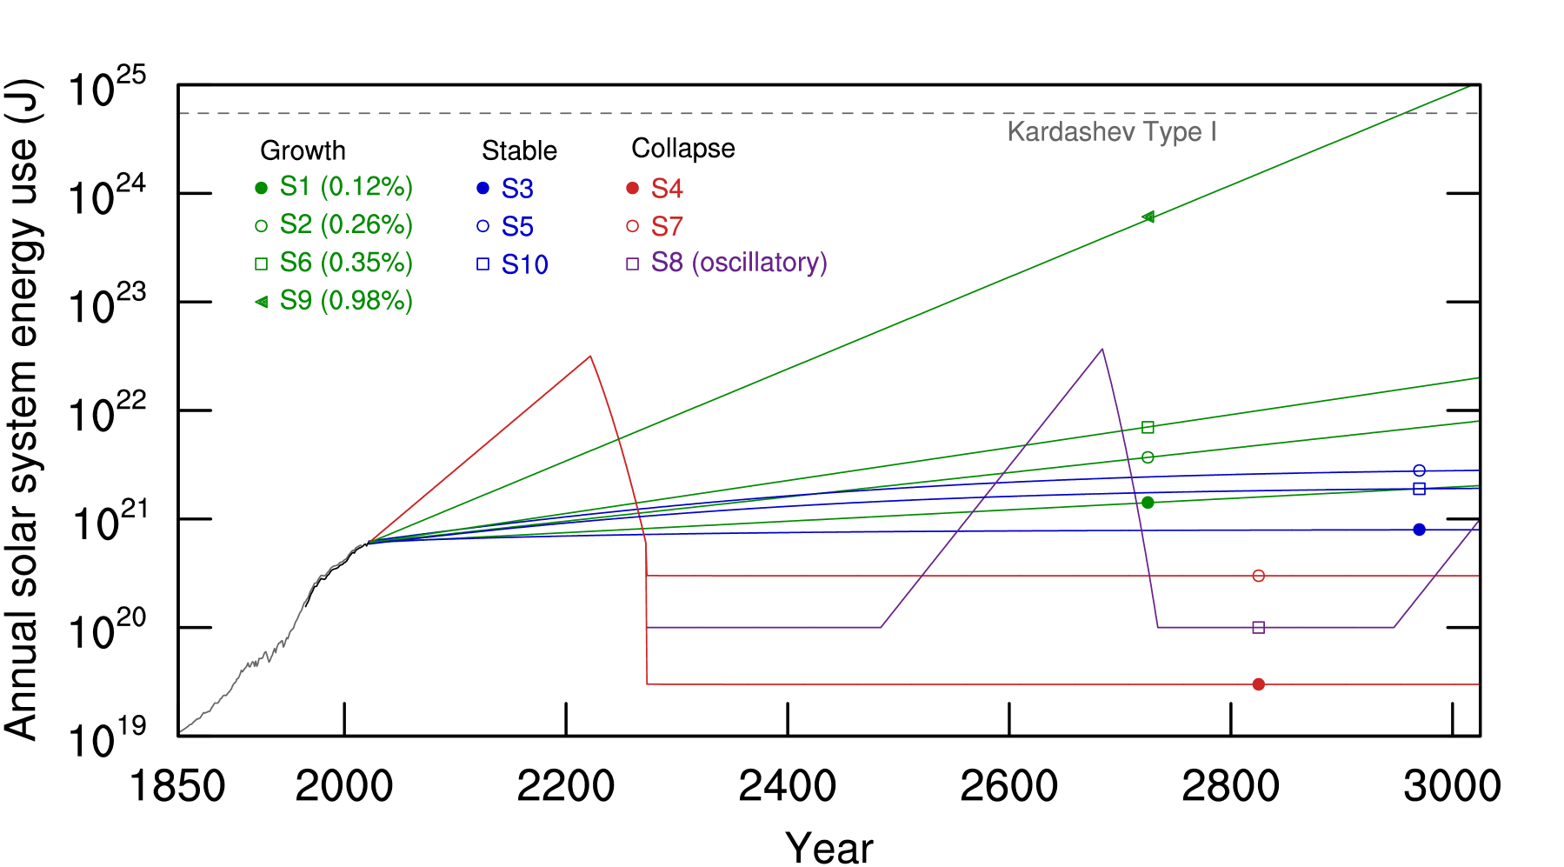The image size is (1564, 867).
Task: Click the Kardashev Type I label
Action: [1111, 132]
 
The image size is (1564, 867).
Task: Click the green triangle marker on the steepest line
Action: [1148, 217]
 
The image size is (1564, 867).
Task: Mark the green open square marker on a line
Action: [1148, 427]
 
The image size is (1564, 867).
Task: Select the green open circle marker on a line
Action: [1148, 457]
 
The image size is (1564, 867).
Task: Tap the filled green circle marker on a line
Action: [1148, 503]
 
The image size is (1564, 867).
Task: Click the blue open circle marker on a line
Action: [1419, 470]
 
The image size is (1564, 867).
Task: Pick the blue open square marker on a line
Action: [1419, 490]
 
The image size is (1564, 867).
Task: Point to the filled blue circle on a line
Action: [1419, 530]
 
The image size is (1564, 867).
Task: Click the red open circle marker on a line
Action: [1258, 576]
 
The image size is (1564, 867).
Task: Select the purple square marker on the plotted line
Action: [1258, 628]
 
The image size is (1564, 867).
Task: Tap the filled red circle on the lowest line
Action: [1258, 684]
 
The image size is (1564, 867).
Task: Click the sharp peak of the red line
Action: [590, 357]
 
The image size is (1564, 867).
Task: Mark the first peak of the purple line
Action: [1102, 350]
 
